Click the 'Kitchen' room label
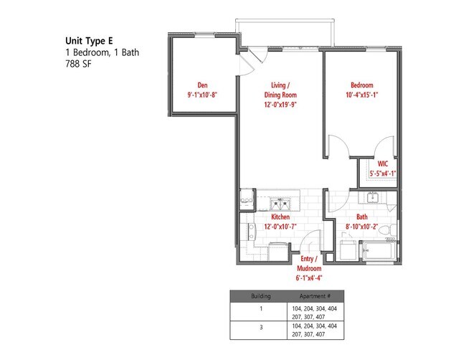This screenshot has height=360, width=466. tap(280, 216)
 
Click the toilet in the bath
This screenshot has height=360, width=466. tap(384, 229)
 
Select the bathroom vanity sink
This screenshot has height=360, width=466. tap(372, 198)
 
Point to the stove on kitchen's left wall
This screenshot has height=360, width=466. tap(252, 230)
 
